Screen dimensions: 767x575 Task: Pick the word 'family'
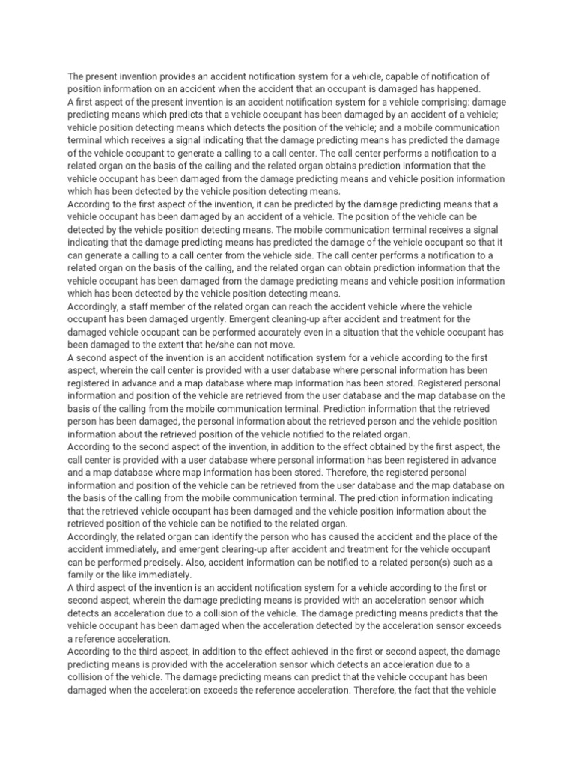(83, 574)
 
